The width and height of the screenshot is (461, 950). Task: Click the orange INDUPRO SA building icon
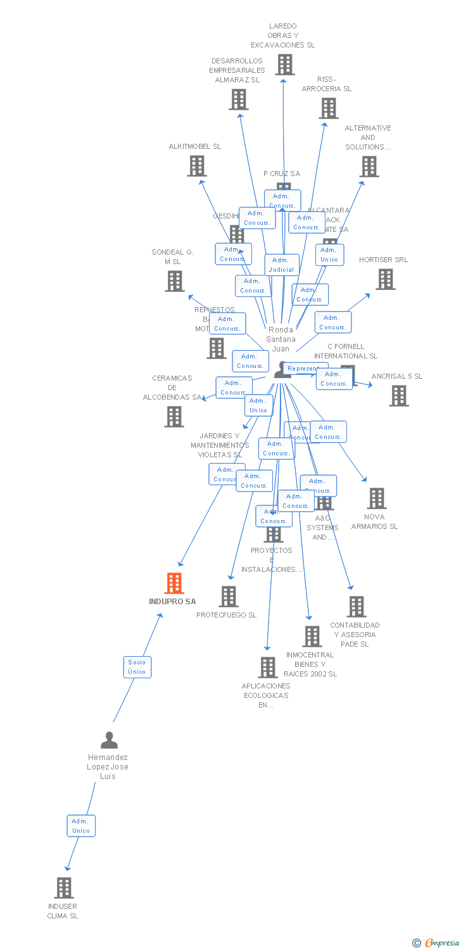[174, 583]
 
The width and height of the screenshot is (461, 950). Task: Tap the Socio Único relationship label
[137, 667]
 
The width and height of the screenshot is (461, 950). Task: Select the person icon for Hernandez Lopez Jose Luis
[109, 740]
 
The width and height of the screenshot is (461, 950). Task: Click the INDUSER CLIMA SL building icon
[64, 888]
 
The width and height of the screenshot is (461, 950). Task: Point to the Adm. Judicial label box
[282, 265]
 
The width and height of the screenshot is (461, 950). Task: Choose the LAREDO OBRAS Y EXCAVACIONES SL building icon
[284, 65]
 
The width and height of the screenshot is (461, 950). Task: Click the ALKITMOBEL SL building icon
[197, 166]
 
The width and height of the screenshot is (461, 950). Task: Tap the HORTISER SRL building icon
[385, 279]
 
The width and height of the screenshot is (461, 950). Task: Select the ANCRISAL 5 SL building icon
[398, 396]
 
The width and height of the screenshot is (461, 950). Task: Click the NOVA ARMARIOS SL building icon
[377, 498]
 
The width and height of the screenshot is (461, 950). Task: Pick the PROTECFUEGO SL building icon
[229, 597]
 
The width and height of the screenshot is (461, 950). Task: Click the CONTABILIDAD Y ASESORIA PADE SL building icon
[357, 607]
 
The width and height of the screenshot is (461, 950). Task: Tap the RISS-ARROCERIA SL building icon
[329, 108]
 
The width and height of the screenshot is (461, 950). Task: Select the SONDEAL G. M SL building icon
[175, 281]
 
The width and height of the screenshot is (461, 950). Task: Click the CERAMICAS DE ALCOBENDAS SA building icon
[174, 417]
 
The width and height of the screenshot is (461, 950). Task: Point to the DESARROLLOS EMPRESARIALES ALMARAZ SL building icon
[239, 99]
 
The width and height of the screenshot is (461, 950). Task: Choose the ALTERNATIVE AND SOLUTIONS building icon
[369, 167]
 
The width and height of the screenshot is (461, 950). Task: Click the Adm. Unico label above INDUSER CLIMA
[81, 826]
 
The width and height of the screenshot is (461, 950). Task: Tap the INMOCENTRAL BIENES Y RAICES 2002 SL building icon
[312, 636]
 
